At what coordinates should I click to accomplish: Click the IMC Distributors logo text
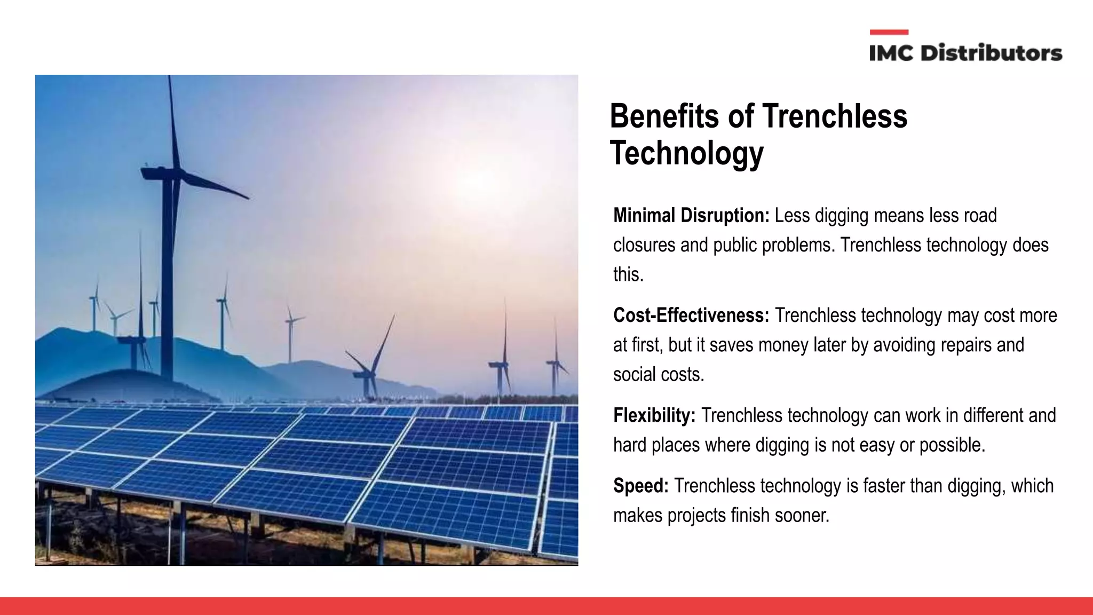tap(965, 53)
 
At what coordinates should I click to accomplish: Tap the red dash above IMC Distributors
tap(889, 33)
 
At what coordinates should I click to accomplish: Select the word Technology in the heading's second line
tap(686, 153)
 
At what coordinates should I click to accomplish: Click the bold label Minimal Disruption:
tap(691, 216)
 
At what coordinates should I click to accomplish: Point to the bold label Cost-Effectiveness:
tap(691, 316)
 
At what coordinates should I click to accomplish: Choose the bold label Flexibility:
tap(654, 415)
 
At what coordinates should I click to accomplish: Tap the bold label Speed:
tap(640, 486)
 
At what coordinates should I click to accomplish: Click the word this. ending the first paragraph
tap(628, 274)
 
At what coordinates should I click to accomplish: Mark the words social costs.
tap(659, 374)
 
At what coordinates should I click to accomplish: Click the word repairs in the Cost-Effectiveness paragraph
tap(965, 345)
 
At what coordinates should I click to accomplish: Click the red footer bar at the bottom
tap(546, 606)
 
